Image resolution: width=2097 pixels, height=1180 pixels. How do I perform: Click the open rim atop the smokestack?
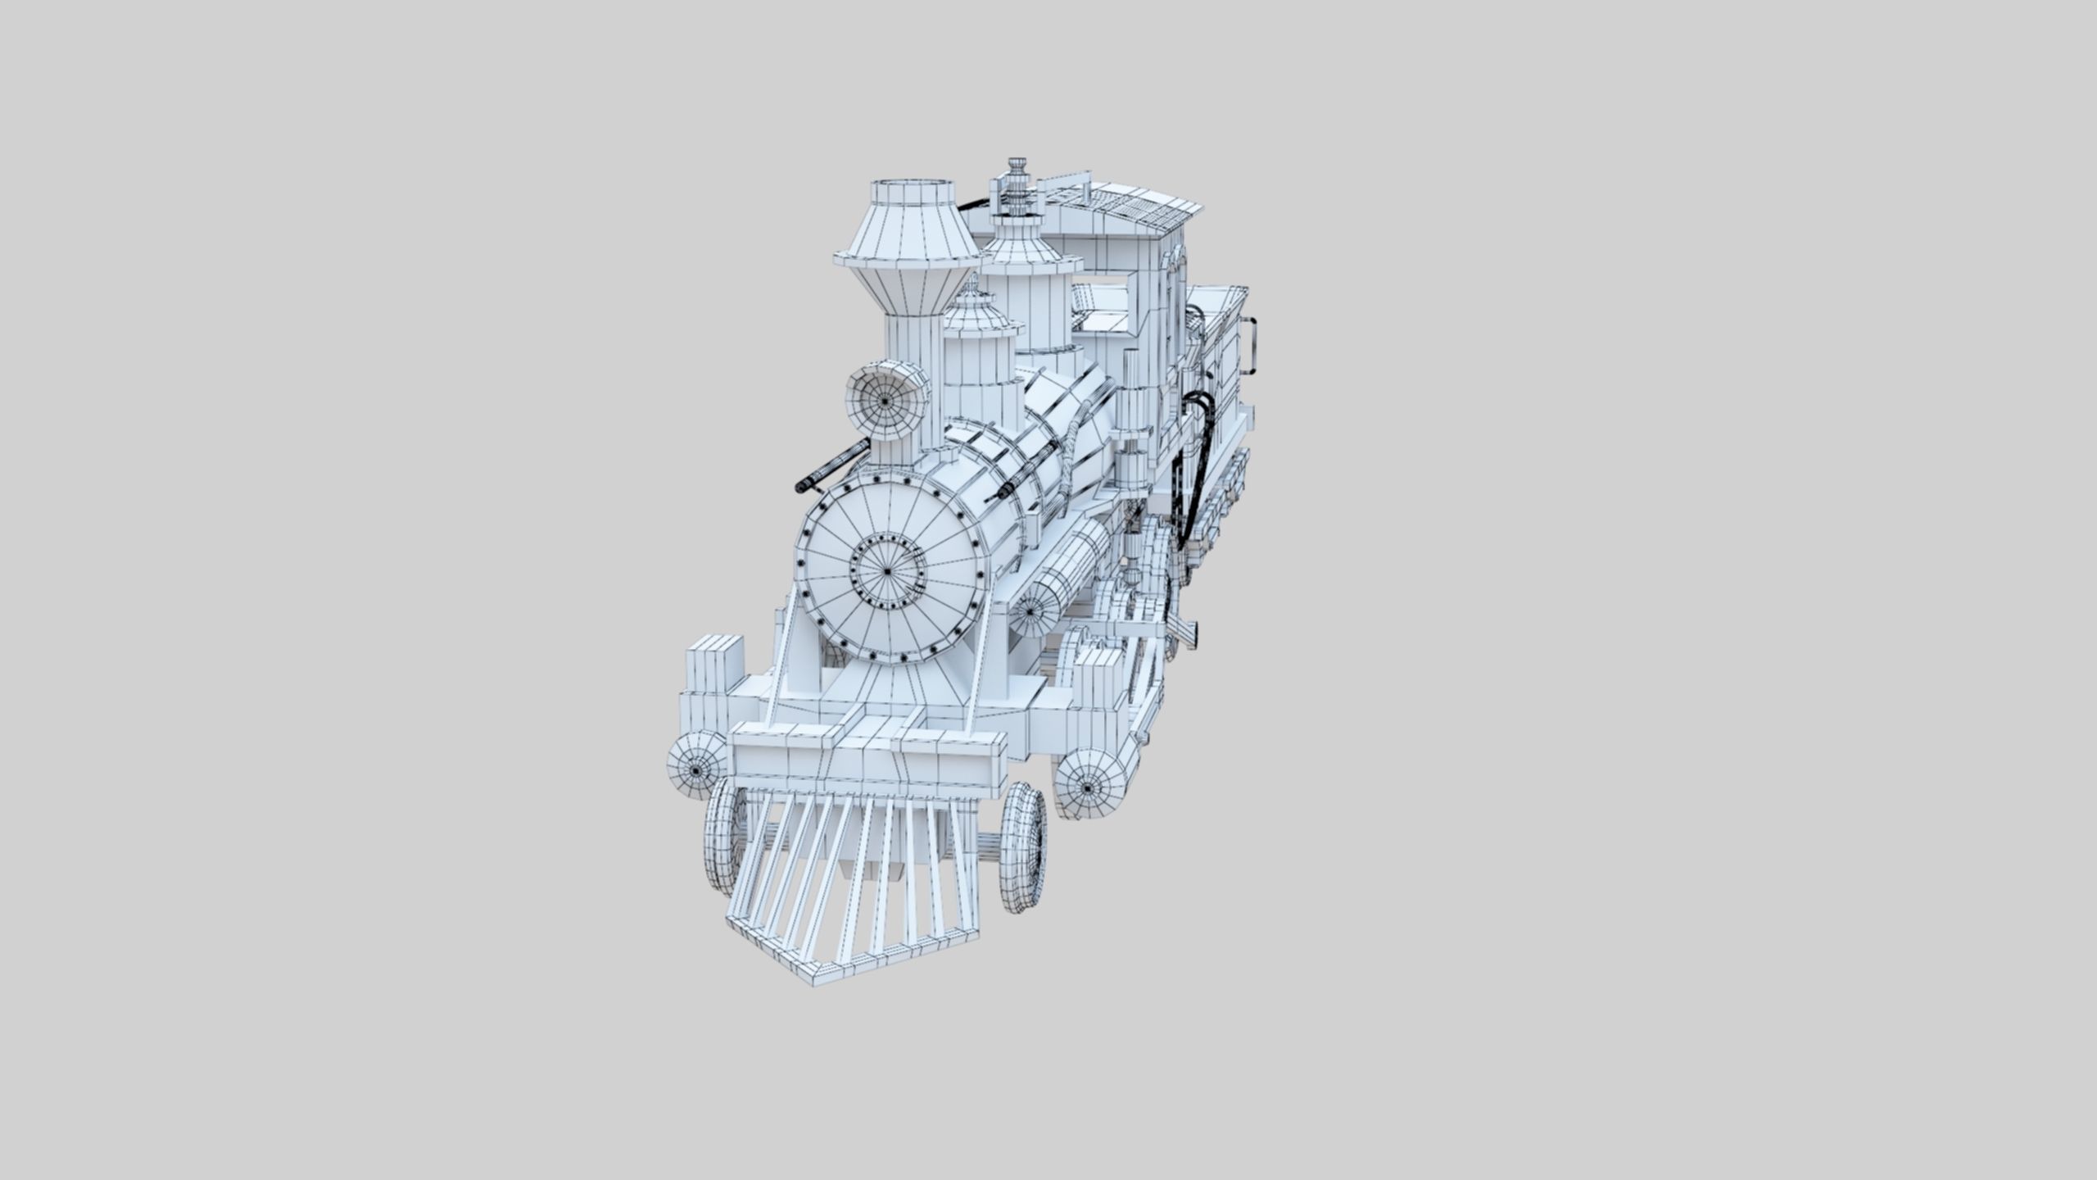(906, 193)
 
